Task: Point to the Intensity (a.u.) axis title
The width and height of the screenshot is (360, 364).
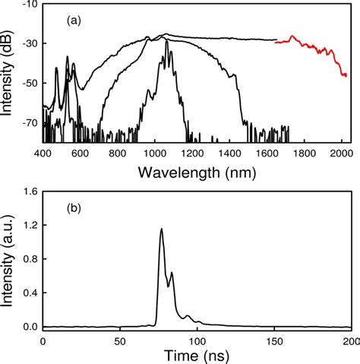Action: (8, 262)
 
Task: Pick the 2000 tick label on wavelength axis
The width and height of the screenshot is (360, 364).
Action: (339, 154)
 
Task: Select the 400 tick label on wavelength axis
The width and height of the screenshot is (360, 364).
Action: (43, 154)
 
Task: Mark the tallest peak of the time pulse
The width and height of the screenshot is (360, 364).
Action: (161, 229)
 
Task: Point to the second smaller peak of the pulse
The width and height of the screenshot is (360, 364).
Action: (172, 273)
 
